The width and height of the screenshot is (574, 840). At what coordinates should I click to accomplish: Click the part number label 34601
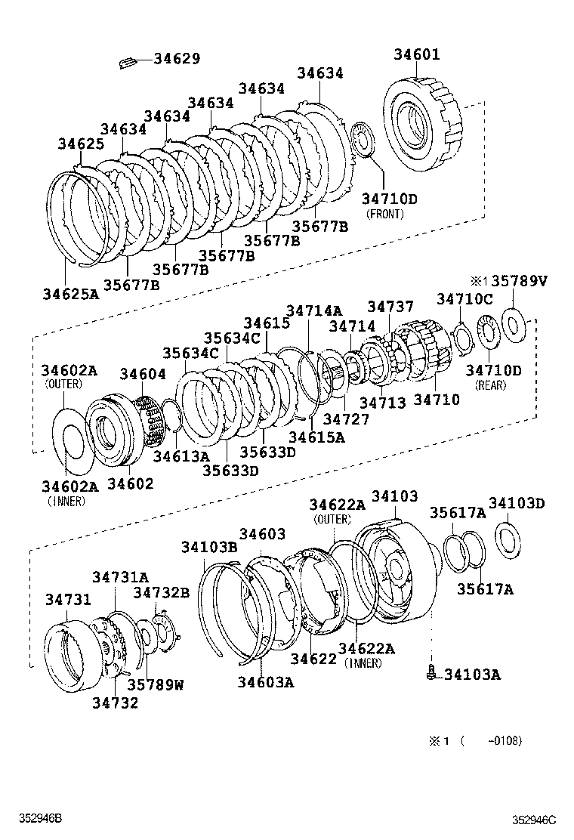[416, 55]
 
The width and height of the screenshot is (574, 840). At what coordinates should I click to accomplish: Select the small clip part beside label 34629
[128, 61]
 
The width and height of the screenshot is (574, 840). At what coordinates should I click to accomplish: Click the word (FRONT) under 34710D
[384, 214]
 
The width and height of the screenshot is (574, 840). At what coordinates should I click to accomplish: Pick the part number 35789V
[519, 281]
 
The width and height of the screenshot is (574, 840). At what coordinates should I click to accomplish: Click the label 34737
[390, 307]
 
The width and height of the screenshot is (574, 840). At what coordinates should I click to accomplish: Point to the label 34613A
[181, 456]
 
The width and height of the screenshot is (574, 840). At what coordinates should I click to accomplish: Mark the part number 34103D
[517, 504]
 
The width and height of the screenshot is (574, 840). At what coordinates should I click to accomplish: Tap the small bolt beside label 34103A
[430, 672]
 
